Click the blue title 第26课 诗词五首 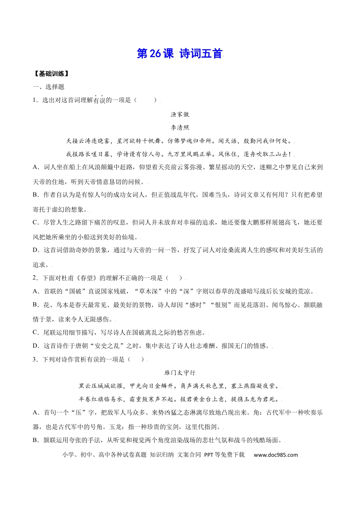click(x=180, y=54)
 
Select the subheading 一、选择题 click(x=49, y=87)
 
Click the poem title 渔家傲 click(x=180, y=114)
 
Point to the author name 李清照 click(x=180, y=128)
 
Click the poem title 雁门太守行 click(x=180, y=373)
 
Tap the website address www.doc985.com click(x=275, y=455)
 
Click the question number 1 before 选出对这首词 click(x=34, y=100)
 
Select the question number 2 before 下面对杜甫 click(x=34, y=278)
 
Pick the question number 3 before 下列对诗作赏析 click(x=34, y=359)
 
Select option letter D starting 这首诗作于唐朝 click(x=36, y=346)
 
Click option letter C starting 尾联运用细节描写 click(x=36, y=333)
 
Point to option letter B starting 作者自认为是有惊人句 click(x=36, y=195)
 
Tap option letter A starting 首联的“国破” click(x=36, y=291)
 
